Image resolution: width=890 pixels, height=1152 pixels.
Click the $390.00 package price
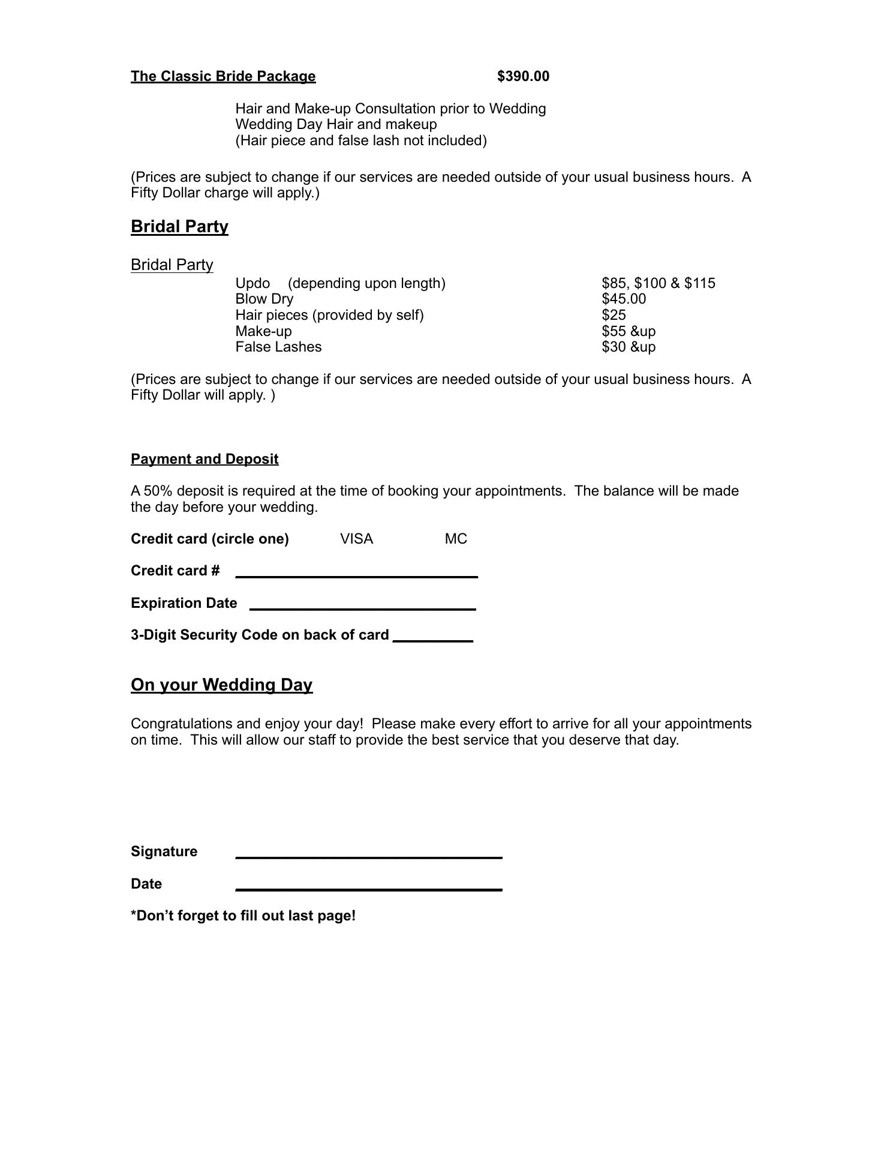(523, 76)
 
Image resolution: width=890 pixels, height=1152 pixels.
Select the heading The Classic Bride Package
(223, 76)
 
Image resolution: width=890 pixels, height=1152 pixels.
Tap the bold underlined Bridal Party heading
(179, 226)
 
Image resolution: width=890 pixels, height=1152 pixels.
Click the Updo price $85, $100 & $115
(658, 283)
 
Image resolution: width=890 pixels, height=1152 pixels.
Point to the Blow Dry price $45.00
(624, 299)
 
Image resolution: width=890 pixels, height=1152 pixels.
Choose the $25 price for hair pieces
(614, 315)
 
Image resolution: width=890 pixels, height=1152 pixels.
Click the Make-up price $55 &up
(629, 331)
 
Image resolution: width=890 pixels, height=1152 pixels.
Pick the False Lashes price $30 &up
(629, 347)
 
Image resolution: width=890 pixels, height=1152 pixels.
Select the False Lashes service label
(278, 347)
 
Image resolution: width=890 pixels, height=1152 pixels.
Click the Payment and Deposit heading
(205, 459)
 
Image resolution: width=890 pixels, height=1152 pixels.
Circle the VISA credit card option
(356, 539)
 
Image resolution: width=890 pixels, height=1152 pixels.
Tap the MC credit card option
(456, 539)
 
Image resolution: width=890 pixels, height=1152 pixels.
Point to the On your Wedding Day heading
(221, 685)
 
